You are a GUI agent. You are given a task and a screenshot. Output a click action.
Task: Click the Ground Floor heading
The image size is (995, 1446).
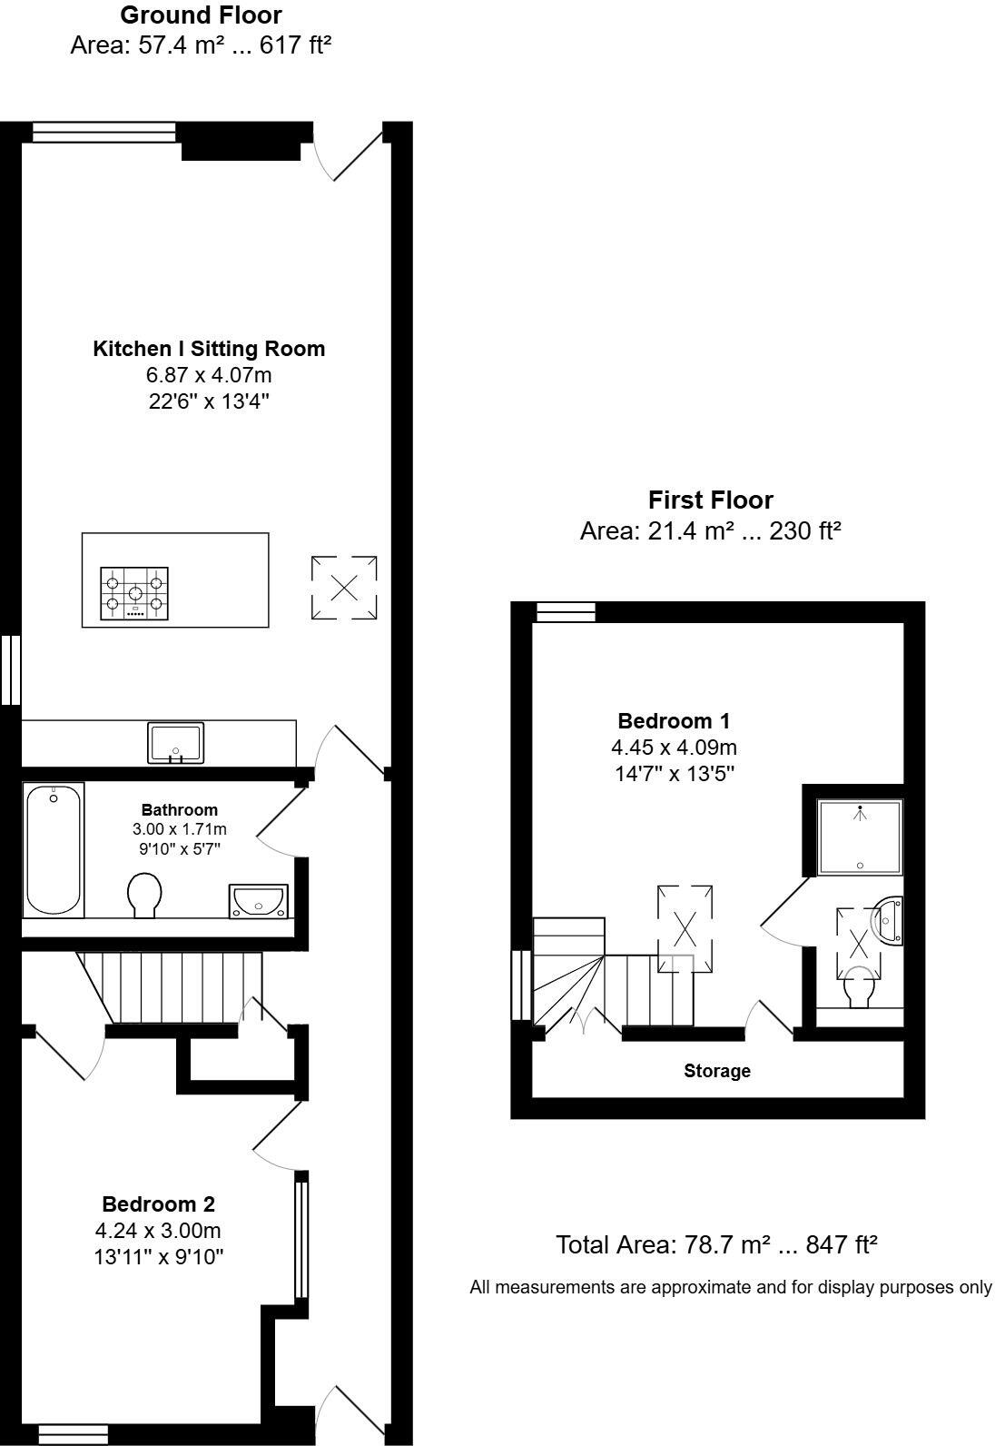pyautogui.click(x=201, y=15)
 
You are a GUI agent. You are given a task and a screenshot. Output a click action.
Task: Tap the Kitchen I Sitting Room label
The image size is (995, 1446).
pyautogui.click(x=209, y=349)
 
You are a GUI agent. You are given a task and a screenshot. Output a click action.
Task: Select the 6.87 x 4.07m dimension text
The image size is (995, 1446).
pyautogui.click(x=209, y=374)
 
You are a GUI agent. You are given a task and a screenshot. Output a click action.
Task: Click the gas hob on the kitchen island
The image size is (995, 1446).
pyautogui.click(x=135, y=593)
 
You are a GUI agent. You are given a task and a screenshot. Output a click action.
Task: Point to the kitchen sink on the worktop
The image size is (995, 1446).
pyautogui.click(x=176, y=744)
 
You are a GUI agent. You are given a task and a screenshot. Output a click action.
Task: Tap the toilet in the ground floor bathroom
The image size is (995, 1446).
pyautogui.click(x=144, y=895)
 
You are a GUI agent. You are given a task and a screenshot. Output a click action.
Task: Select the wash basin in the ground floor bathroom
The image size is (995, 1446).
pyautogui.click(x=259, y=901)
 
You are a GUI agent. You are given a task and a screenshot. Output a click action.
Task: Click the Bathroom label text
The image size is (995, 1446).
pyautogui.click(x=179, y=809)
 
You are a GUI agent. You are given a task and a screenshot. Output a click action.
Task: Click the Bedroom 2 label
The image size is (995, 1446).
pyautogui.click(x=158, y=1204)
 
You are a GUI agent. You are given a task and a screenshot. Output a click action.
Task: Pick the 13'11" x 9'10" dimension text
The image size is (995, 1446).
pyautogui.click(x=158, y=1257)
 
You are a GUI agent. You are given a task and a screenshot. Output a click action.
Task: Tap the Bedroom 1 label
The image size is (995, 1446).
pyautogui.click(x=674, y=721)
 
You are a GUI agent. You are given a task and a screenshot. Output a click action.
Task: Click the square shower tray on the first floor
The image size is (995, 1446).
pyautogui.click(x=859, y=837)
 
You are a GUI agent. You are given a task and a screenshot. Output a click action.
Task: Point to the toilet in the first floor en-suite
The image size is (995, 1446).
pyautogui.click(x=859, y=989)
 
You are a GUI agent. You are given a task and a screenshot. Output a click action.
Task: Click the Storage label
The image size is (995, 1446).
pyautogui.click(x=717, y=1071)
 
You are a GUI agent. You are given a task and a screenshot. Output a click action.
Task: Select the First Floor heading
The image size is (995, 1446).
pyautogui.click(x=710, y=500)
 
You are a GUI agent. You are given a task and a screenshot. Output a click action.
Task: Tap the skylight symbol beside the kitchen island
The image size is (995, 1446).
pyautogui.click(x=344, y=588)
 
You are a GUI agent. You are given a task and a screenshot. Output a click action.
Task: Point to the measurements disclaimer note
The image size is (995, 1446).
pyautogui.click(x=731, y=1287)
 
